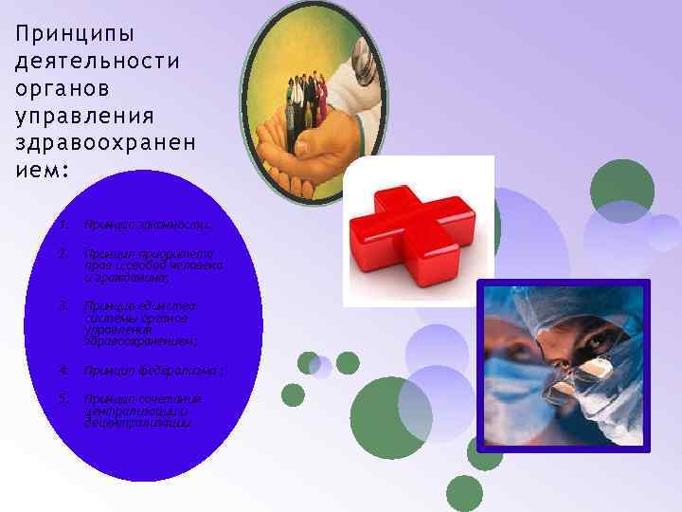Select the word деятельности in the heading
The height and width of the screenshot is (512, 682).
coord(99,61)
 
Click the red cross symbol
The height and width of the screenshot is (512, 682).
coord(417,233)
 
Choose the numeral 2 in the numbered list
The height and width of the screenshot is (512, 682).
coord(62,253)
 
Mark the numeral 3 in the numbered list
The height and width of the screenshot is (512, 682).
coord(62,305)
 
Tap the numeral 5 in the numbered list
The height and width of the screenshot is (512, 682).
coord(62,398)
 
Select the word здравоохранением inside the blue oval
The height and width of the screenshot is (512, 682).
coord(128,341)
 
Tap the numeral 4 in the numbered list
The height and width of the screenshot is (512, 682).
coord(62,370)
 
